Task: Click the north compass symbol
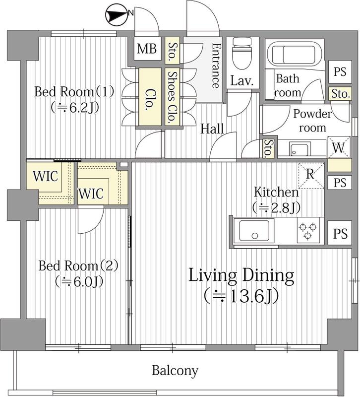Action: pos(116,16)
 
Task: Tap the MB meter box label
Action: pos(147,49)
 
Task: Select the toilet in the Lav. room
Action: pos(242,54)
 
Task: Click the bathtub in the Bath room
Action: pos(295,53)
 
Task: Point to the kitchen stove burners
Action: pos(308,231)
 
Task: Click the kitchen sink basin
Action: pos(254,230)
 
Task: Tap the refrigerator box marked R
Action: pos(311,176)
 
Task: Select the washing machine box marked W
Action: pos(339,147)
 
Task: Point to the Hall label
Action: pos(212,129)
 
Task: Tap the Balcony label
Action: pos(175,371)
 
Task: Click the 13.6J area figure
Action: pos(242,296)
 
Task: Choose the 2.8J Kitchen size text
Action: pos(277,207)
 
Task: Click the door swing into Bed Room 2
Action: pos(91,219)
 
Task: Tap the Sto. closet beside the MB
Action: pos(172,51)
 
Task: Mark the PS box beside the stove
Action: pos(340,233)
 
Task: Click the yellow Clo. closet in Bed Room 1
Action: pos(150,96)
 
